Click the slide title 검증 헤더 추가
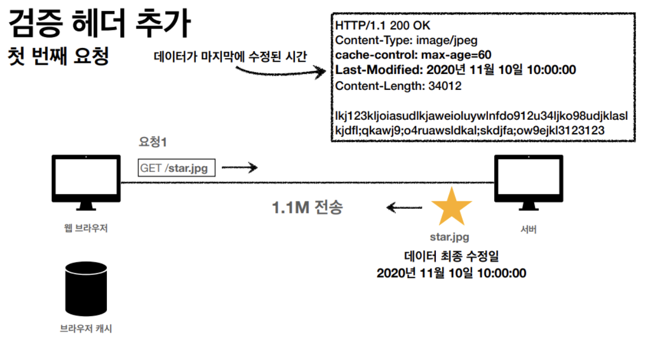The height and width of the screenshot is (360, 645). pyautogui.click(x=100, y=23)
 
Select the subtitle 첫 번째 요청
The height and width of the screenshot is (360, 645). pyautogui.click(x=59, y=55)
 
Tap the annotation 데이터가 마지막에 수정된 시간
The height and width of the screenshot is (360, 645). pyautogui.click(x=230, y=56)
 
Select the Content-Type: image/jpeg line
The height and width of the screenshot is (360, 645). pyautogui.click(x=406, y=40)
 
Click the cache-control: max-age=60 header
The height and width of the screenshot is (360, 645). pyautogui.click(x=413, y=55)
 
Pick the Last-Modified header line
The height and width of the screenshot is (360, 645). pyautogui.click(x=456, y=70)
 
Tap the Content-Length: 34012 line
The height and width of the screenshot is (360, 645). pyautogui.click(x=399, y=85)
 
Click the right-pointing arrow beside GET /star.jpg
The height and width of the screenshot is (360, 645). pyautogui.click(x=239, y=168)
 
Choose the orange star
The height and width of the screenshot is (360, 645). pyautogui.click(x=451, y=206)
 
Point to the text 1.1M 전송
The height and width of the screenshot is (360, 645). pyautogui.click(x=307, y=207)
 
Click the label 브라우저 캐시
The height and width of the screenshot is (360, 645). pyautogui.click(x=86, y=329)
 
